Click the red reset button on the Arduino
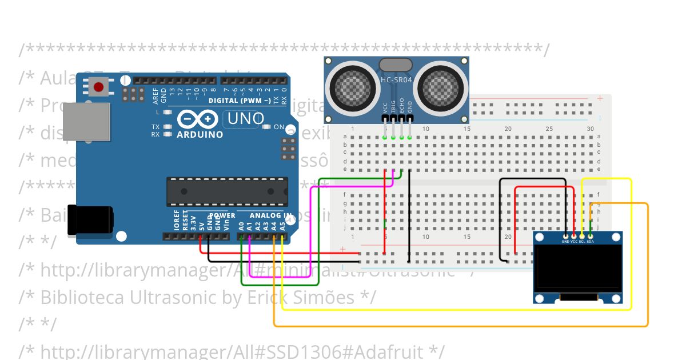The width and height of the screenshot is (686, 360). tap(99, 87)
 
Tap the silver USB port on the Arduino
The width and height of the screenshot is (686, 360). tap(86, 122)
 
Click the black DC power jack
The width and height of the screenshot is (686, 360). tap(89, 221)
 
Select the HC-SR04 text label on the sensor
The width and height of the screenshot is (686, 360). tap(396, 80)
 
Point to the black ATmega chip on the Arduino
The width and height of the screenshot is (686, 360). tap(226, 191)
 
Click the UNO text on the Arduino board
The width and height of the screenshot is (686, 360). tap(246, 119)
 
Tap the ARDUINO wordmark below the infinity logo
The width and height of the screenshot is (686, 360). tap(200, 135)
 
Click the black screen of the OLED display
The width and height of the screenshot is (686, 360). tap(578, 267)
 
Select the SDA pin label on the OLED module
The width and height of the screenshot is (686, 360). tap(591, 241)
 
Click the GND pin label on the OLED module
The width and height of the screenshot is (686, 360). tap(565, 241)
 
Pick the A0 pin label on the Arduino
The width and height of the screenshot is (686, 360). tap(241, 225)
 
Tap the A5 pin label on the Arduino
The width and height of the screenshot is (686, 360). tap(282, 225)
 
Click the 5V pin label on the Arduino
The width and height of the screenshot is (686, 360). tap(201, 225)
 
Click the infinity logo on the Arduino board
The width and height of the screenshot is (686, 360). tap(197, 119)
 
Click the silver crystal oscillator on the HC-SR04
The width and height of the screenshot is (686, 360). tap(396, 64)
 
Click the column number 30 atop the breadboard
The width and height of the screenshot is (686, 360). tap(590, 129)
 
